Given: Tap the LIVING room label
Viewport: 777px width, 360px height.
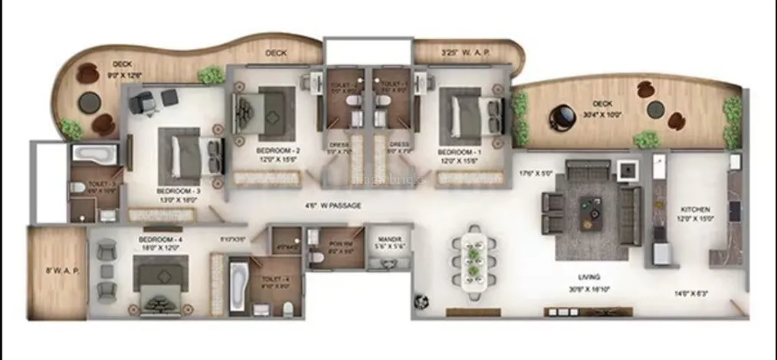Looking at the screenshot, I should pos(588,277).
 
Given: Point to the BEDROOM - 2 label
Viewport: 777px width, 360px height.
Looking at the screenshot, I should pos(277,151).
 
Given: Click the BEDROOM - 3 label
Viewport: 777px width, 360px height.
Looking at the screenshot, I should pos(178,190).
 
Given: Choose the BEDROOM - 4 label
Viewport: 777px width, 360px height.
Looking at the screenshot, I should pos(159,240).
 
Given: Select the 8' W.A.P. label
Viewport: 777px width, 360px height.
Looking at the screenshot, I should pos(57,270).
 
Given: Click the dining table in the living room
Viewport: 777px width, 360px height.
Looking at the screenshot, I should pos(474,258).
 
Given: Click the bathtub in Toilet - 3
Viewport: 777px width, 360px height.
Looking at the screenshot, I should pos(93,153).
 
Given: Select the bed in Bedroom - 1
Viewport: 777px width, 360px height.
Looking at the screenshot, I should pos(464,115).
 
